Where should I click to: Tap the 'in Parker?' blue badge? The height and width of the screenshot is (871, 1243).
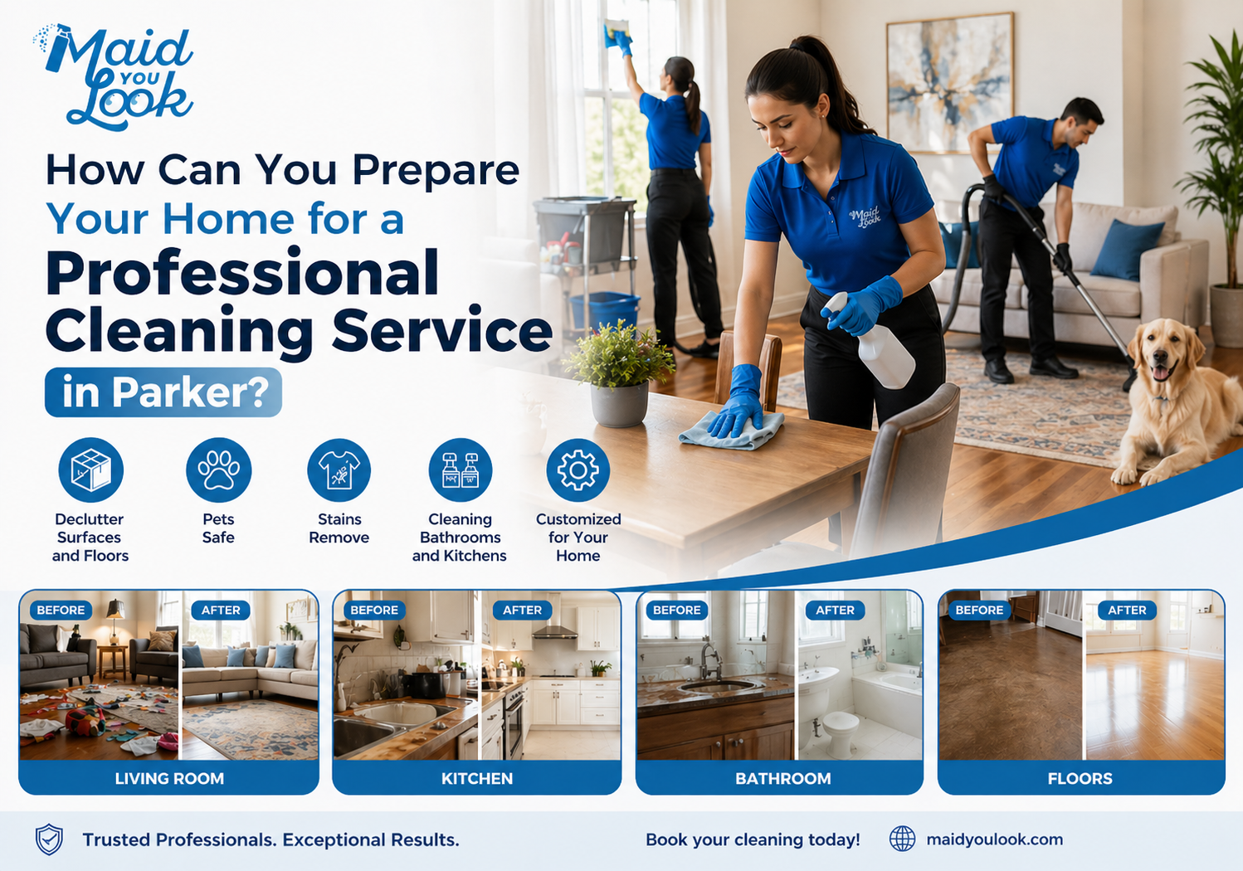(163, 392)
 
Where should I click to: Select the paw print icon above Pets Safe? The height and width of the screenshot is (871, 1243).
(218, 470)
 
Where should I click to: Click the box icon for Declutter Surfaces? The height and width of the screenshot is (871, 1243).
(90, 470)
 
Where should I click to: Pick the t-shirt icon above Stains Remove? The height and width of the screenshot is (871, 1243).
(339, 470)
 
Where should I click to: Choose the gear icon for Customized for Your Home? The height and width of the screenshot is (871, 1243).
(578, 470)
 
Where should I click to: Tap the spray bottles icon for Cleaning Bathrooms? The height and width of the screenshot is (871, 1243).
(460, 470)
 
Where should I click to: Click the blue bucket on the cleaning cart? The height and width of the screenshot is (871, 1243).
(604, 309)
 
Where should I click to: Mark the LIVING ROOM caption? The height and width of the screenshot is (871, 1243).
(169, 779)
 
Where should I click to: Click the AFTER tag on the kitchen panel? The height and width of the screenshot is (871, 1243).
(522, 611)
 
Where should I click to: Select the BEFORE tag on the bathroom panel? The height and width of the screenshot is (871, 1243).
(676, 611)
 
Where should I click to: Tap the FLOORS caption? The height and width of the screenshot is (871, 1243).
(1080, 779)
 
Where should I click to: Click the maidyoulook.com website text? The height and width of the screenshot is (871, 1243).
(994, 839)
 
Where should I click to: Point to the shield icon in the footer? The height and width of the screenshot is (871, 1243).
(49, 839)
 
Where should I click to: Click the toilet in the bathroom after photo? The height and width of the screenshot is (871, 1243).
(838, 730)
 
